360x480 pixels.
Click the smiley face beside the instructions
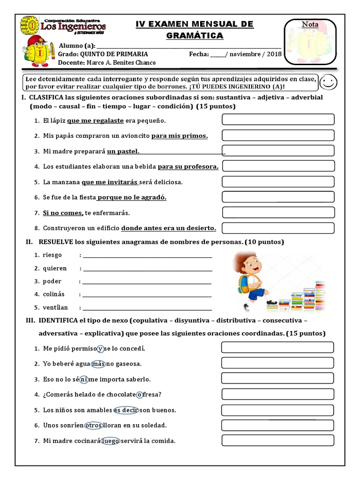click(329, 83)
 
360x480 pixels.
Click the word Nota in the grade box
click(310, 24)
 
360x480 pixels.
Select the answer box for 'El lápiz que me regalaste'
click(278, 120)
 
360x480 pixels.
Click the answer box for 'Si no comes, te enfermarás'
click(278, 212)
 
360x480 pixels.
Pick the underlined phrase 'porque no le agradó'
click(132, 197)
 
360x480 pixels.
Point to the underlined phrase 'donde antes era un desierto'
click(169, 228)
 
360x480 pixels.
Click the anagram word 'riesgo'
click(52, 255)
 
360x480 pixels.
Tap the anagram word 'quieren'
click(55, 268)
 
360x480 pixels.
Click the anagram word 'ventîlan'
click(55, 307)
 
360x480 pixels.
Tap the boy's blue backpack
click(243, 282)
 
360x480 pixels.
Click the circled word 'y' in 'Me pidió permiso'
click(100, 348)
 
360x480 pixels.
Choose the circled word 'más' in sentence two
click(98, 364)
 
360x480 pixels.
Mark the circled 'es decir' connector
click(126, 410)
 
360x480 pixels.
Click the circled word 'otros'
click(93, 426)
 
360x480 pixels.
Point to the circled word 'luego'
click(111, 441)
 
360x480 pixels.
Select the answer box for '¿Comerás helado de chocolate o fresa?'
click(277, 394)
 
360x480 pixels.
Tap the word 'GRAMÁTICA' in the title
click(195, 36)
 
